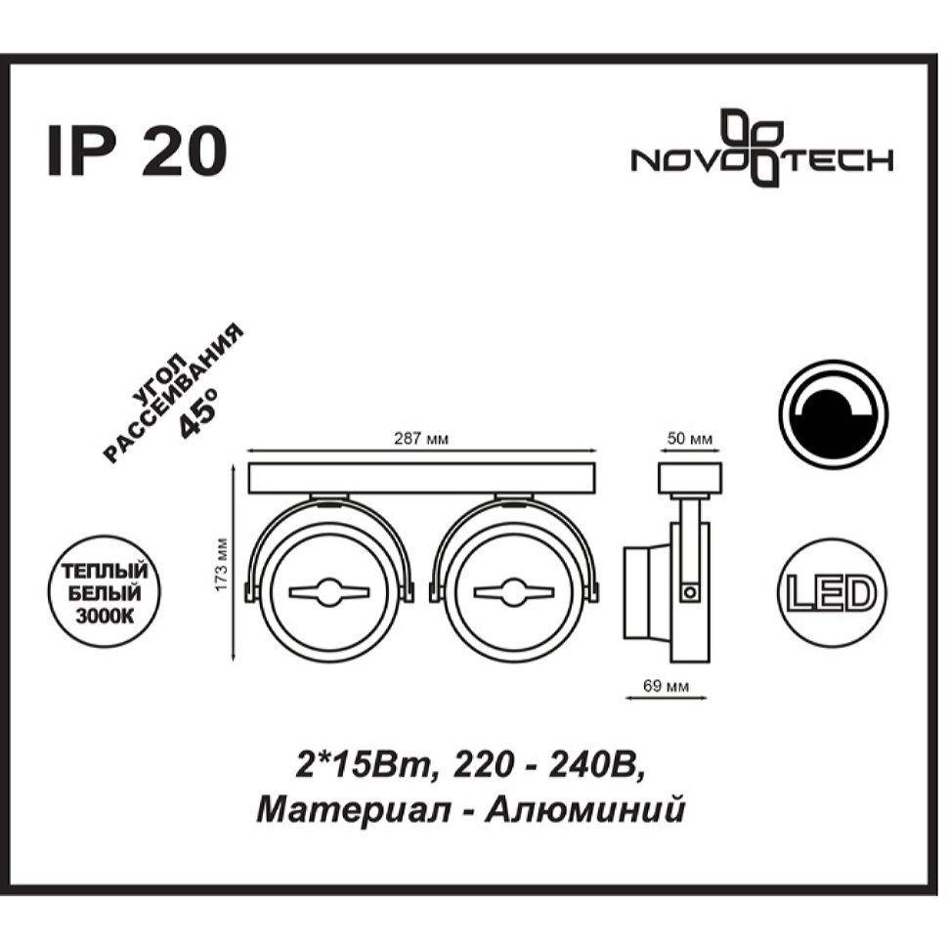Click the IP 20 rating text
(x=137, y=151)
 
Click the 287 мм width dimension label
(x=421, y=439)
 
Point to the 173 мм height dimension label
(x=223, y=564)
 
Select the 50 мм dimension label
(x=690, y=439)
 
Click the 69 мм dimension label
(x=666, y=686)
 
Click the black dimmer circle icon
(x=833, y=414)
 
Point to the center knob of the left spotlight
(x=329, y=592)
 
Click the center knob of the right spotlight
(x=514, y=592)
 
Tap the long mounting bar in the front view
(x=422, y=478)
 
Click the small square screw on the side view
(x=688, y=592)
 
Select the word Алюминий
(x=585, y=810)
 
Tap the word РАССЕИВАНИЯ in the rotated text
(x=174, y=394)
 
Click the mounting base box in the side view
(x=689, y=478)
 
